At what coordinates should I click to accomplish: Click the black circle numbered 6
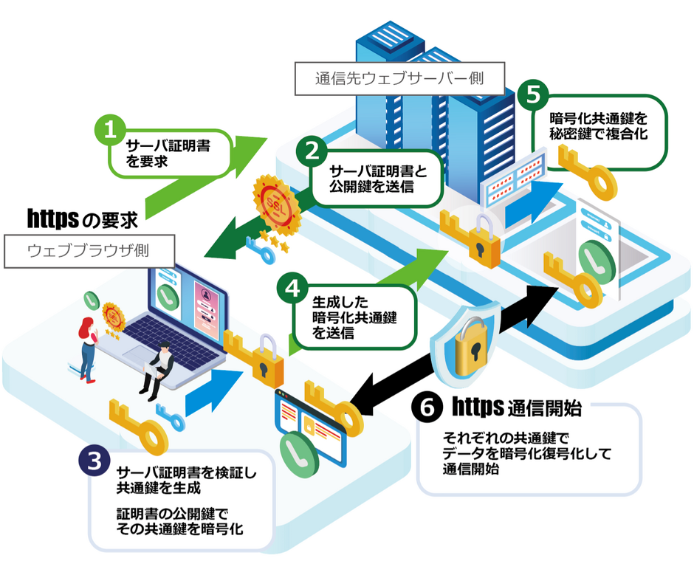click(426, 406)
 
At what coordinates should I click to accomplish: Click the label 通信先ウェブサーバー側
click(399, 78)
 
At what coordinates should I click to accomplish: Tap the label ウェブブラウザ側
click(89, 250)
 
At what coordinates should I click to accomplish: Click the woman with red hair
click(86, 347)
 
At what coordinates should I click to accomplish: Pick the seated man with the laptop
click(158, 369)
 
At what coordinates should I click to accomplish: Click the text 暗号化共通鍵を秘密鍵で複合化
click(598, 126)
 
